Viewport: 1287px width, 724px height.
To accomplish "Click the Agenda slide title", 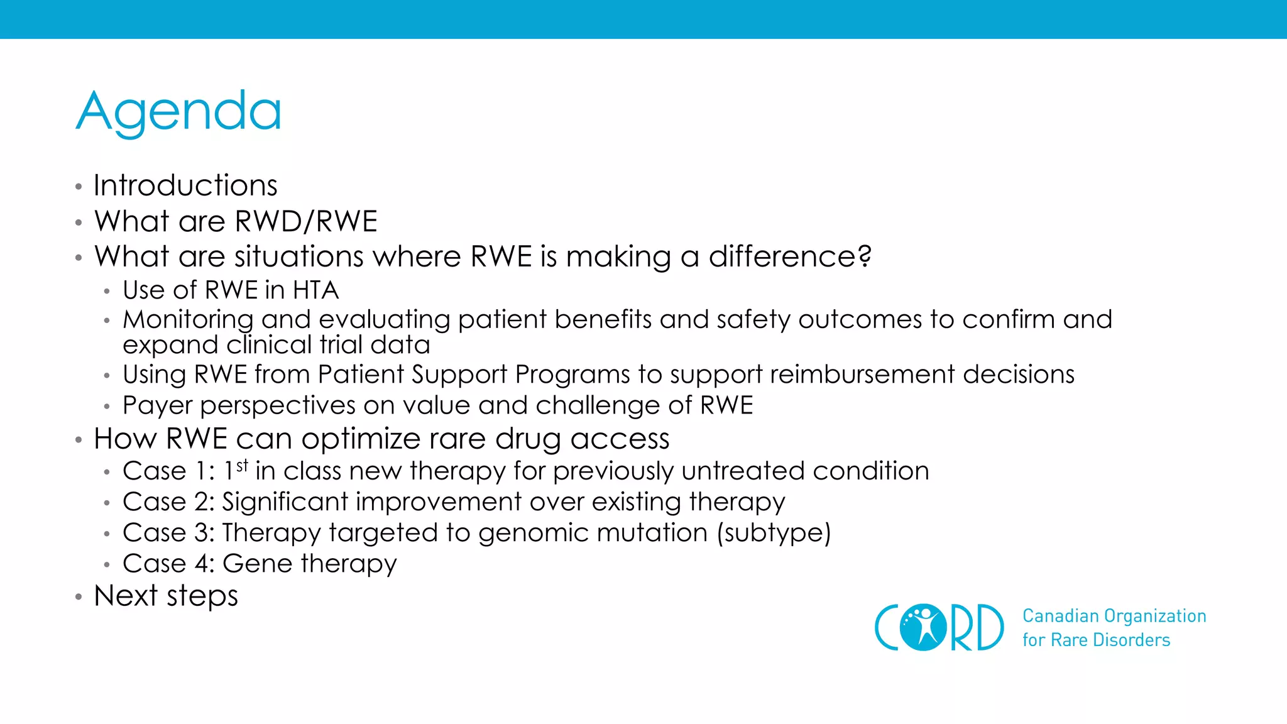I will (179, 112).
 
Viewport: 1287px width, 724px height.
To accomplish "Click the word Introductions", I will (185, 186).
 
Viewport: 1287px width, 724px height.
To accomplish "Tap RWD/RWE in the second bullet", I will (306, 222).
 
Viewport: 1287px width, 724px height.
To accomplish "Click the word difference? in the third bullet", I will (790, 257).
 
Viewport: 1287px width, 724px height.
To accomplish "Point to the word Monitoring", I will (188, 320).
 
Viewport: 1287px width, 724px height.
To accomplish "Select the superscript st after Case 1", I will (243, 466).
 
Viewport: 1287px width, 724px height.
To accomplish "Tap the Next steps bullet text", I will (166, 596).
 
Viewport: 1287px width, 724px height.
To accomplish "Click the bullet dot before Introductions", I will (79, 187).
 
